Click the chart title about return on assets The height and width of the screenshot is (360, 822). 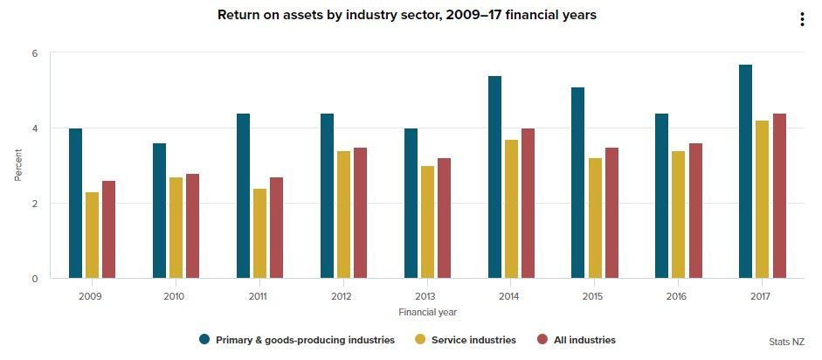click(407, 15)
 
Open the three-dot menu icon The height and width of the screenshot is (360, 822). click(801, 20)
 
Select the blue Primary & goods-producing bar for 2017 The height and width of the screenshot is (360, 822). click(745, 171)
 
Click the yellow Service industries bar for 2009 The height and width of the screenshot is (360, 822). click(92, 235)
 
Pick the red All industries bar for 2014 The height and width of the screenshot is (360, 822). click(528, 204)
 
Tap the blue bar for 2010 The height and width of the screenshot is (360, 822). click(159, 211)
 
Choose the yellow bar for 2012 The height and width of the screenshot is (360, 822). click(343, 215)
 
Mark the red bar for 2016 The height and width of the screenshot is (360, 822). click(695, 211)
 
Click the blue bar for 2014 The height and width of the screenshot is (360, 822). click(494, 177)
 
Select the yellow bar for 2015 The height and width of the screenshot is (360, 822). click(595, 218)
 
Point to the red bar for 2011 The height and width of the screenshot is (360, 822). click(276, 228)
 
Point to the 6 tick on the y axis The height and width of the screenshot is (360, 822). click(35, 53)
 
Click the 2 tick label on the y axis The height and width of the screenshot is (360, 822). click(35, 204)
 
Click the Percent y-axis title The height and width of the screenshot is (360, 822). click(17, 165)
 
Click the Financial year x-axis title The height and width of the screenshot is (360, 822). click(427, 312)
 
